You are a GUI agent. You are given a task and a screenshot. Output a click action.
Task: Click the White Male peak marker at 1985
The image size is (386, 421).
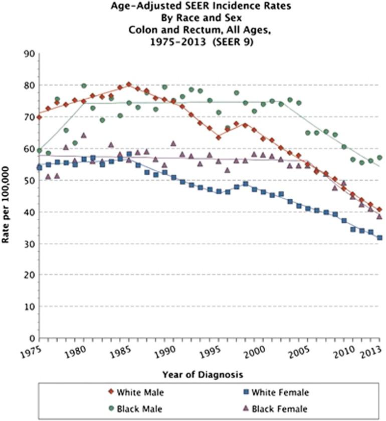(x=128, y=85)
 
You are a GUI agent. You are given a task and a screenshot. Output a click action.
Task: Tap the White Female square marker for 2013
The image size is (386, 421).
(x=379, y=238)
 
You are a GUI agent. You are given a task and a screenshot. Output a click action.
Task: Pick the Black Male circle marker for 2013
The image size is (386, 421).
(x=379, y=158)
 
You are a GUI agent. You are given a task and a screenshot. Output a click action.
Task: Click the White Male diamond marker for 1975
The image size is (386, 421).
(x=39, y=117)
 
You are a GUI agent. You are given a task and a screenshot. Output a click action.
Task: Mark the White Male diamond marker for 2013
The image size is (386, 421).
(x=379, y=209)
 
